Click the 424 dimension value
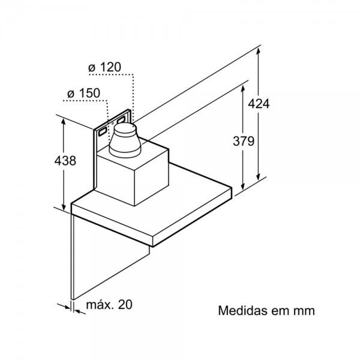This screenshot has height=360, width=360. [259, 104]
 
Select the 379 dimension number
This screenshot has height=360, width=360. [244, 141]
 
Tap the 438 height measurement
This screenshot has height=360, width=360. [65, 160]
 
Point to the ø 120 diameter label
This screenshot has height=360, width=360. [104, 67]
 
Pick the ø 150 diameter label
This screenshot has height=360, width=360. [83, 93]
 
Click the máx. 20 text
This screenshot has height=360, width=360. [109, 304]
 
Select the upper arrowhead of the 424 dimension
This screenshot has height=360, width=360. [258, 51]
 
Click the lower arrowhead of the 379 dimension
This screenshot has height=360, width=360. [243, 187]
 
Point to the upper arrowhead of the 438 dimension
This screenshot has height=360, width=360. [64, 122]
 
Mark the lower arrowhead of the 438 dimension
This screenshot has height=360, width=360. [64, 206]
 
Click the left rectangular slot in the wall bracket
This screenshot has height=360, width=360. [103, 131]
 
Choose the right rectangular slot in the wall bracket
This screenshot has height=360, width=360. [121, 119]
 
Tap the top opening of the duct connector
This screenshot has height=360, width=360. [125, 127]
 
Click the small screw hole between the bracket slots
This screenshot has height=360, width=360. [113, 123]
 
